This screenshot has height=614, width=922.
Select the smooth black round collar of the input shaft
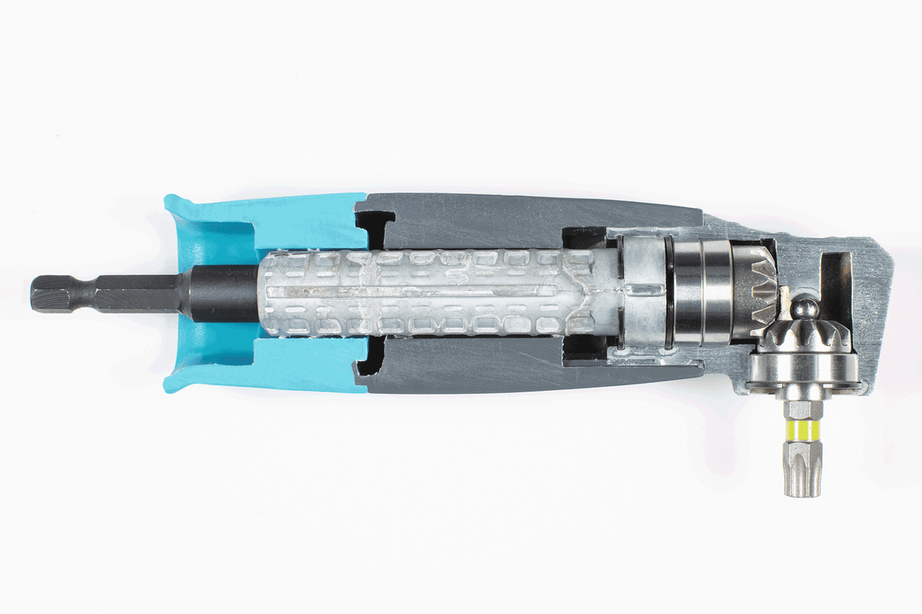pos(223,293)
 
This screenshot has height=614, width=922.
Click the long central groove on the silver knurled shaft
pos(415,294)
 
